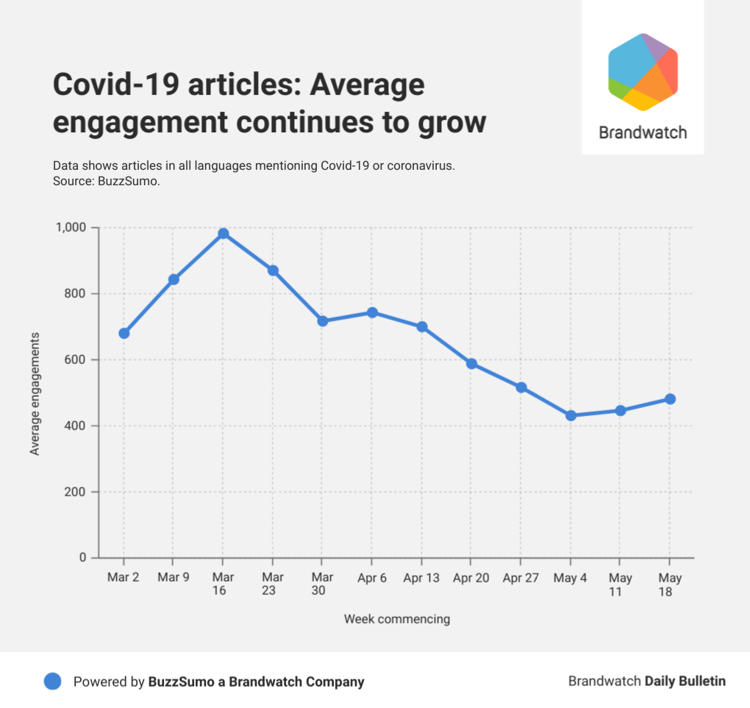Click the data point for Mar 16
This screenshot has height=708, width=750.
[x=224, y=234]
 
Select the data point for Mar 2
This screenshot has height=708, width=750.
[x=124, y=333]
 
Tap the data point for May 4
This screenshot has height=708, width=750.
[x=571, y=415]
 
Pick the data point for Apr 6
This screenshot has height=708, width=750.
[x=372, y=312]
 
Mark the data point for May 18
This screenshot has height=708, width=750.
[x=670, y=399]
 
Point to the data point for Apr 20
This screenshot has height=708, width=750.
[x=471, y=364]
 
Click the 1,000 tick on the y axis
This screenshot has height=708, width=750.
[x=71, y=228]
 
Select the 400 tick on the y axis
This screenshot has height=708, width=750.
[x=78, y=426]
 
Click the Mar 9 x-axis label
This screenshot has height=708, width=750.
[x=174, y=578]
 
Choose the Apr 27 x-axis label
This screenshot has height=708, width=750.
[x=521, y=578]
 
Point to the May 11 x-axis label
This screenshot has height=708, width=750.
[x=621, y=584]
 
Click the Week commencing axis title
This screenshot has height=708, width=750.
[x=396, y=619]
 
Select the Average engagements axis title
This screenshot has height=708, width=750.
[x=35, y=393]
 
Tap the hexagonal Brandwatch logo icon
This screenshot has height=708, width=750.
[x=643, y=72]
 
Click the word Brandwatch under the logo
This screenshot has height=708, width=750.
[x=643, y=133]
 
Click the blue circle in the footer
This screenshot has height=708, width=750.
[x=52, y=682]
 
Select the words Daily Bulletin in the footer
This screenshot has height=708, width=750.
[x=685, y=682]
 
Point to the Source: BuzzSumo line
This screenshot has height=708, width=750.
[x=107, y=181]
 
